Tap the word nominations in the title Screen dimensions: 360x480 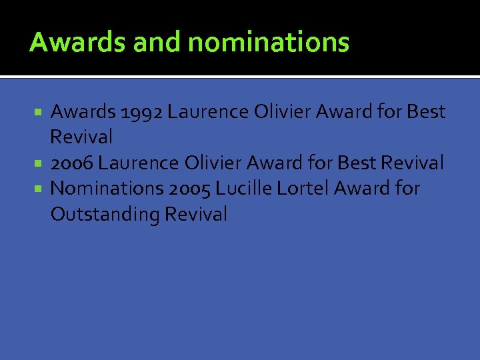click(269, 43)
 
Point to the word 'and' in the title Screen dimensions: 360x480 click(158, 43)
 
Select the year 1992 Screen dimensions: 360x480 click(141, 112)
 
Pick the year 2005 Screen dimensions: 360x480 click(190, 189)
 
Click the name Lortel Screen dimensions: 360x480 click(303, 189)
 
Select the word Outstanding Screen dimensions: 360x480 click(105, 215)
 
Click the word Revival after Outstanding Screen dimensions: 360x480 click(196, 215)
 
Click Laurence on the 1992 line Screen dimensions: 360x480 click(208, 112)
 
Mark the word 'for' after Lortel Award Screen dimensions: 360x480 click(407, 189)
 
